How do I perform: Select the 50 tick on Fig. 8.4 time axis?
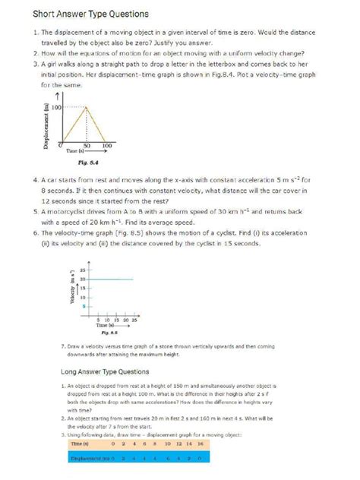[x=87, y=144]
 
